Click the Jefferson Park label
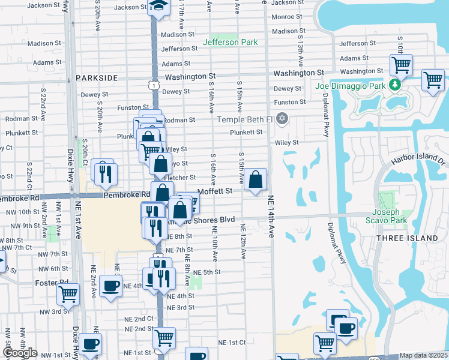[x=231, y=42]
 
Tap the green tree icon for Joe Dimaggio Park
[x=395, y=85]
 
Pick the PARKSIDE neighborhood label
[x=97, y=78]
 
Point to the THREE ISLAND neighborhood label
[x=407, y=238]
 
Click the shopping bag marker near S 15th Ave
[x=256, y=179]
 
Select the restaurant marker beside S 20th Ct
[x=106, y=174]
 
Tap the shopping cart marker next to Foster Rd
[x=68, y=295]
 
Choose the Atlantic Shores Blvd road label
[x=204, y=220]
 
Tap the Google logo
[x=20, y=353]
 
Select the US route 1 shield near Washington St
[x=155, y=86]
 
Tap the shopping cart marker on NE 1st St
[x=164, y=337]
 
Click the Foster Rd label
[x=55, y=281]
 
